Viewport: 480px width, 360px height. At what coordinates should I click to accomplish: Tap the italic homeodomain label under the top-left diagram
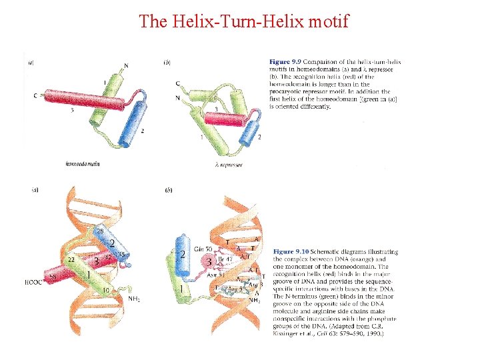(x=83, y=163)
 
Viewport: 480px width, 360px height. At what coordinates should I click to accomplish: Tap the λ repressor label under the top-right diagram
(x=228, y=164)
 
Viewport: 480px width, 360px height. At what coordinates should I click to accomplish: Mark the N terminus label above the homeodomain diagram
(x=127, y=65)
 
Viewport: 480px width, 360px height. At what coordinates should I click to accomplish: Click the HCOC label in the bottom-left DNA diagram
(x=34, y=282)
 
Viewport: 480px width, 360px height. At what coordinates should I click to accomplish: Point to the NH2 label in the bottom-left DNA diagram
(x=135, y=299)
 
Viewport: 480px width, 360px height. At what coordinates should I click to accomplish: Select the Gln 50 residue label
(x=203, y=249)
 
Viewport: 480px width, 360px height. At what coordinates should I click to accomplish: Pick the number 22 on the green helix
(x=70, y=259)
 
